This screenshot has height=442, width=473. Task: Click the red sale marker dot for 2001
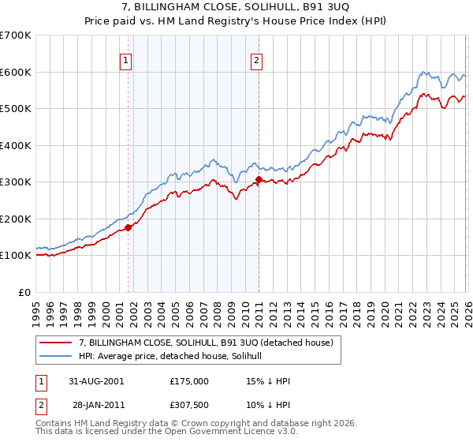click(128, 228)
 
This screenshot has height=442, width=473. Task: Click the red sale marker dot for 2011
click(259, 180)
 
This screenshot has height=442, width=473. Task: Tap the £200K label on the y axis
click(16, 219)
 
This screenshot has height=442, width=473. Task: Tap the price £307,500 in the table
click(189, 405)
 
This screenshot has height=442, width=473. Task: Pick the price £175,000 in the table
click(189, 381)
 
